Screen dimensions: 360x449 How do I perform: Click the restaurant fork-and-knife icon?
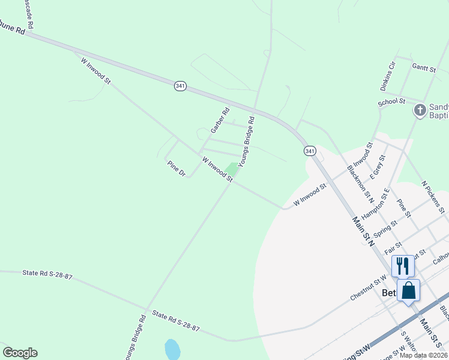tap(402, 265)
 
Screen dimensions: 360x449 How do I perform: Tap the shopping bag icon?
tap(409, 290)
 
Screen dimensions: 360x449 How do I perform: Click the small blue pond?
tap(172, 349)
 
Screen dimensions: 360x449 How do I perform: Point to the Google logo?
tap(20, 353)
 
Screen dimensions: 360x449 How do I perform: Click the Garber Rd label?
tap(220, 120)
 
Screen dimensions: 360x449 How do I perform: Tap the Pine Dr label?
tap(176, 168)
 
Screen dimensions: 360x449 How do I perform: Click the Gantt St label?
tap(424, 69)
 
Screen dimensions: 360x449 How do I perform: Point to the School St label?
tap(392, 103)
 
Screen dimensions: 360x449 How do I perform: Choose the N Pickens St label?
tap(433, 198)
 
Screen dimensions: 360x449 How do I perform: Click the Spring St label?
tap(386, 228)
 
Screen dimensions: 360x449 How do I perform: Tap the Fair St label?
tap(393, 246)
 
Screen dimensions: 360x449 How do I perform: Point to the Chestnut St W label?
tap(369, 287)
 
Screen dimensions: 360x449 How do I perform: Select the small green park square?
tap(232, 170)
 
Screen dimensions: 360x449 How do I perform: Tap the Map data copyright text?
tap(423, 355)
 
